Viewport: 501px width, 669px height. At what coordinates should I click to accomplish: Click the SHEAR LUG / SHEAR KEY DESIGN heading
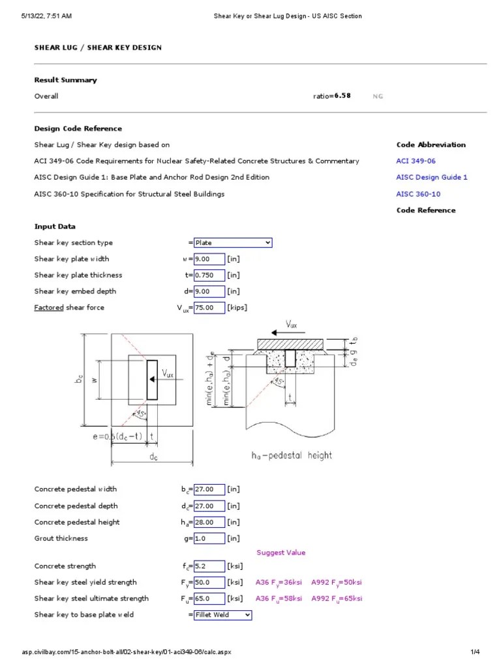pos(98,48)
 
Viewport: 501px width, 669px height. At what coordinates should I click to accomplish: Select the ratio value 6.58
pos(342,96)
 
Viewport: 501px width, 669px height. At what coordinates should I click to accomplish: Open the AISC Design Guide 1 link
pos(431,178)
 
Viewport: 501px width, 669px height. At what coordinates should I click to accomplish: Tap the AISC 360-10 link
pos(418,194)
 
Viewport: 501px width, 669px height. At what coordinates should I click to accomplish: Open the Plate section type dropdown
pos(233,243)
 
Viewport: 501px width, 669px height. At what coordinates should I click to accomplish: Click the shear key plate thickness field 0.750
pos(209,276)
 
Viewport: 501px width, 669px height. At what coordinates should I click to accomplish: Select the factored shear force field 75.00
pos(209,308)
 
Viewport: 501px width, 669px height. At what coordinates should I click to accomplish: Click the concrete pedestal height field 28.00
pos(209,523)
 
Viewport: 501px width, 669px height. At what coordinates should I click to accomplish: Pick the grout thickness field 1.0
pos(209,539)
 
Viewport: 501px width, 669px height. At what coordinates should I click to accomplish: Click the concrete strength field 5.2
pos(209,566)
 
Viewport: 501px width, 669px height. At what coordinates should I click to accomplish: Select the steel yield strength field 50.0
pos(209,583)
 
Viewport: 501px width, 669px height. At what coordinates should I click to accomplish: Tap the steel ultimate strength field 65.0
pos(209,599)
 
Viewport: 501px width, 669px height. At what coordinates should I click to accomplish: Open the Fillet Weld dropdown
pos(222,615)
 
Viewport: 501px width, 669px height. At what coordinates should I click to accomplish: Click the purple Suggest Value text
pos(281,553)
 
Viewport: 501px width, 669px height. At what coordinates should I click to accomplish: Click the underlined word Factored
pos(49,308)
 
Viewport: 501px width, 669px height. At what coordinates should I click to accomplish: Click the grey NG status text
pos(378,97)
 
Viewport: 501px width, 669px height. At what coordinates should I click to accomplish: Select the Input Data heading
pos(55,227)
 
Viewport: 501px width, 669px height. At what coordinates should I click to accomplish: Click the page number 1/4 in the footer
pos(475,652)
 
